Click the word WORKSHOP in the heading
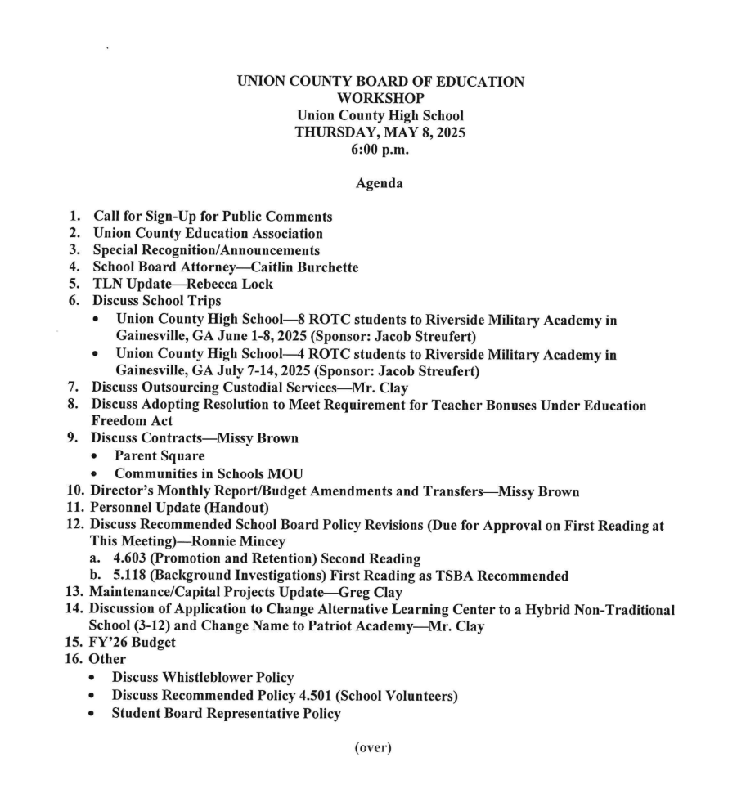380,99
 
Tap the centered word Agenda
379,184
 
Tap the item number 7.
73,388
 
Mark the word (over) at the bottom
372,749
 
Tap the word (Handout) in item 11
231,507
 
